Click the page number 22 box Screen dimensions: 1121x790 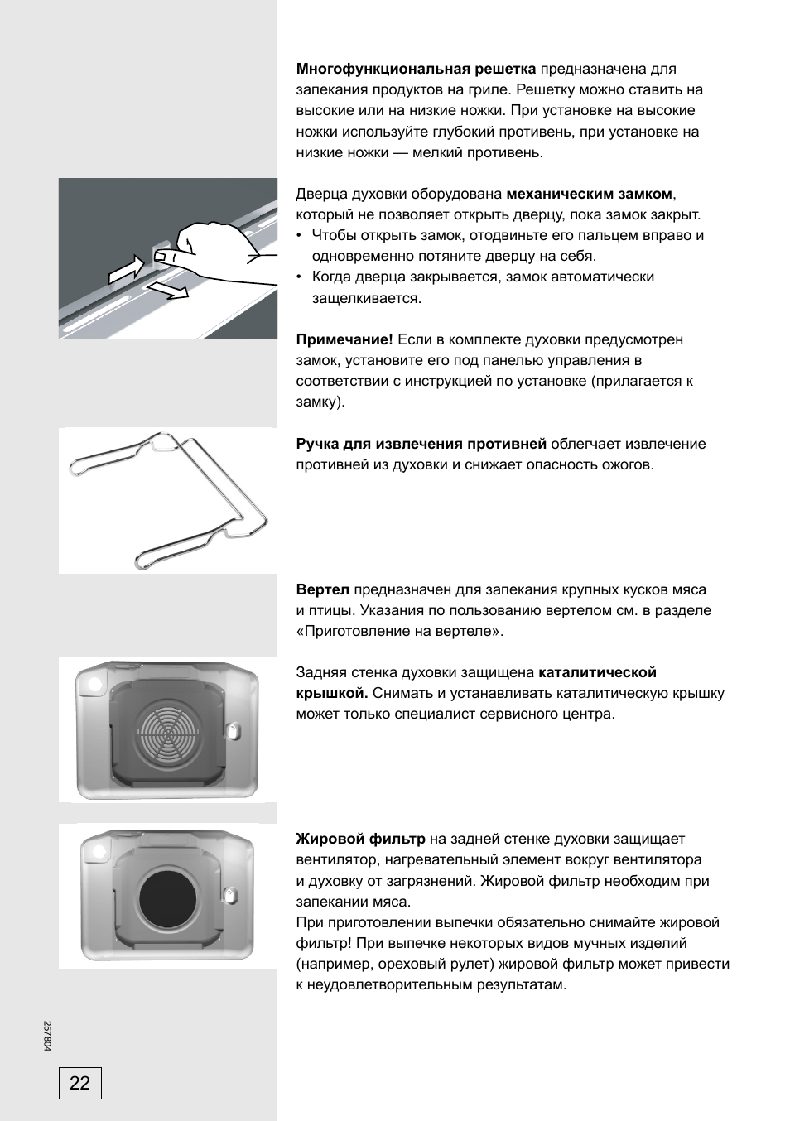(x=79, y=1083)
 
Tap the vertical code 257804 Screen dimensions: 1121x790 (x=47, y=1035)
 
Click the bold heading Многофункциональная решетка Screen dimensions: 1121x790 (x=416, y=69)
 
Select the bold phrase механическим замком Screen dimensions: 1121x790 (x=589, y=194)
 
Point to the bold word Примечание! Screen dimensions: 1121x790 (x=344, y=339)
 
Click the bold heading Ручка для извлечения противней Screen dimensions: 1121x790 (x=421, y=444)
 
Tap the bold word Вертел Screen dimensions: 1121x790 (x=323, y=589)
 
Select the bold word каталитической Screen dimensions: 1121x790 (x=597, y=672)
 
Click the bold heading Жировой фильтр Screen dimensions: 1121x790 (x=360, y=839)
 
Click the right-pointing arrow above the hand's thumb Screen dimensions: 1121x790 (x=128, y=267)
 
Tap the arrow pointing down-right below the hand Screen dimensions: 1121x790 (x=168, y=288)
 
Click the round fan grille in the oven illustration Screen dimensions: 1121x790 (x=168, y=732)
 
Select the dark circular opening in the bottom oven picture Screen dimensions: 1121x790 (x=169, y=898)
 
